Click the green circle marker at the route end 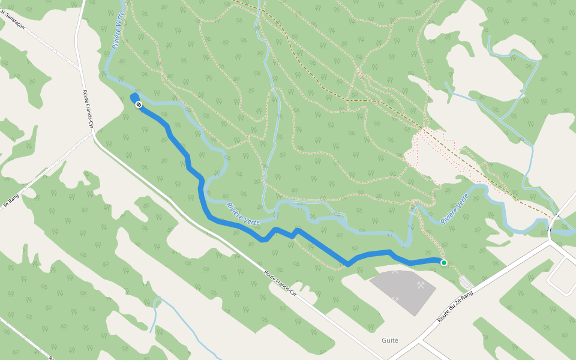[x=443, y=262]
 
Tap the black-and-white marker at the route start [x=139, y=105]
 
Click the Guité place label [x=389, y=340]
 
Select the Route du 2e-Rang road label [x=455, y=307]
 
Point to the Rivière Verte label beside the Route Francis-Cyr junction [x=118, y=36]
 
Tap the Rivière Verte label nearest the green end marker [x=454, y=209]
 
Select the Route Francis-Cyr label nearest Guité [x=280, y=282]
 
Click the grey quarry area [x=402, y=294]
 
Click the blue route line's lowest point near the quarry [x=348, y=264]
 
